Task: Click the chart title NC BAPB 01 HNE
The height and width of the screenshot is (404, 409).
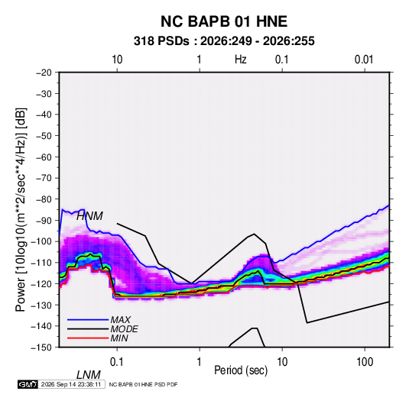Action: pyautogui.click(x=224, y=21)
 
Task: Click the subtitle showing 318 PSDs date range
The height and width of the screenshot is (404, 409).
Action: pyautogui.click(x=224, y=41)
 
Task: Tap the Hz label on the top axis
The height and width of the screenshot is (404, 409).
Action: pyautogui.click(x=241, y=60)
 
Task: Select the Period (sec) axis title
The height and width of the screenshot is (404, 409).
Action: pyautogui.click(x=241, y=370)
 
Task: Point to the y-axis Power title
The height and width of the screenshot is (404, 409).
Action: pyautogui.click(x=21, y=210)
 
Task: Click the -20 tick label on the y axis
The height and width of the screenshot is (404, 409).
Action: pyautogui.click(x=44, y=73)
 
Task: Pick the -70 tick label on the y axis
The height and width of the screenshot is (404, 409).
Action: pyautogui.click(x=44, y=178)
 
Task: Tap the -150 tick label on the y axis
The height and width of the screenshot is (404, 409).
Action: pyautogui.click(x=42, y=347)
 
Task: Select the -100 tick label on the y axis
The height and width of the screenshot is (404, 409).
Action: pyautogui.click(x=42, y=241)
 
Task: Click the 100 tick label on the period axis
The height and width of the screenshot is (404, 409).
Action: pyautogui.click(x=365, y=362)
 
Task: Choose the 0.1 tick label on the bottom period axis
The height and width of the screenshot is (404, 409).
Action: pyautogui.click(x=117, y=362)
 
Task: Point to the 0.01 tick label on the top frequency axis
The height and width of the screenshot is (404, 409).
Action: pyautogui.click(x=364, y=60)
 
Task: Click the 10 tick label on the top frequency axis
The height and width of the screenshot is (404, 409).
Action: pyautogui.click(x=117, y=60)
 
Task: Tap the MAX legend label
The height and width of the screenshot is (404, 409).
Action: pyautogui.click(x=121, y=320)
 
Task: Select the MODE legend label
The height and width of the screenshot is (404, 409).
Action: pyautogui.click(x=124, y=329)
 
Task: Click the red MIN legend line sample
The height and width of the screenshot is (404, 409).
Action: pyautogui.click(x=88, y=338)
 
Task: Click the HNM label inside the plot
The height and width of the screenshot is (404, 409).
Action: pyautogui.click(x=89, y=216)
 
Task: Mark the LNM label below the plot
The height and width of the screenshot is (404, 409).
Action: pyautogui.click(x=89, y=375)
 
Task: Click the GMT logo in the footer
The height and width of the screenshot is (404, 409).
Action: pyautogui.click(x=28, y=384)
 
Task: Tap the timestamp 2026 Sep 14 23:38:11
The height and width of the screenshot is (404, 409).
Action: pyautogui.click(x=71, y=384)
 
